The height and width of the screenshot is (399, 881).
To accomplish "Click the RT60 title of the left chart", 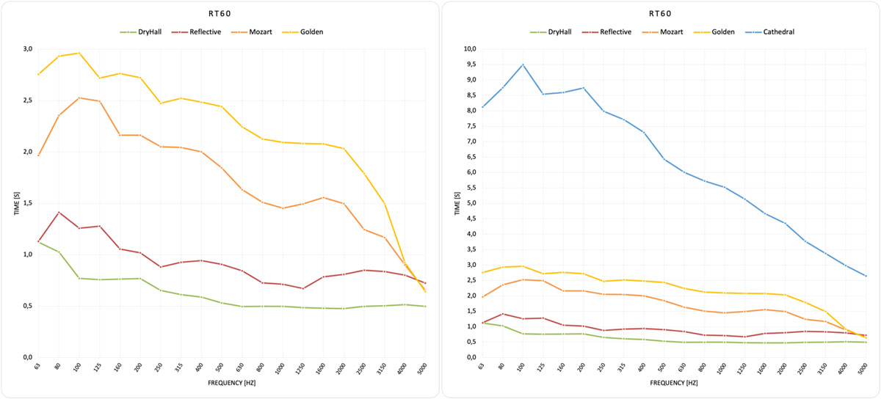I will [x=220, y=13].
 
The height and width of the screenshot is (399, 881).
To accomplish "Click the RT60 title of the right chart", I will [x=661, y=13].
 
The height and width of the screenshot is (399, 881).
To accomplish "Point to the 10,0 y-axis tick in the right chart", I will [x=468, y=49].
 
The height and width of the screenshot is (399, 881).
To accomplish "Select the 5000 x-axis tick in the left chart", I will [x=424, y=370].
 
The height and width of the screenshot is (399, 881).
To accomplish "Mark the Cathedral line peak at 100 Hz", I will [x=522, y=65].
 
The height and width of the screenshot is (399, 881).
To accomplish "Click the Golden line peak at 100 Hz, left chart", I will [x=79, y=53].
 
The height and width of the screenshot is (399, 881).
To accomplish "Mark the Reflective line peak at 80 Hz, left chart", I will [x=59, y=213].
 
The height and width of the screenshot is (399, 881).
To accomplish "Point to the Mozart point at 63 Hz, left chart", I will [x=39, y=155].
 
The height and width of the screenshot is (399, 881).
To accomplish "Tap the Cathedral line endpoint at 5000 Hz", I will [x=866, y=276].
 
